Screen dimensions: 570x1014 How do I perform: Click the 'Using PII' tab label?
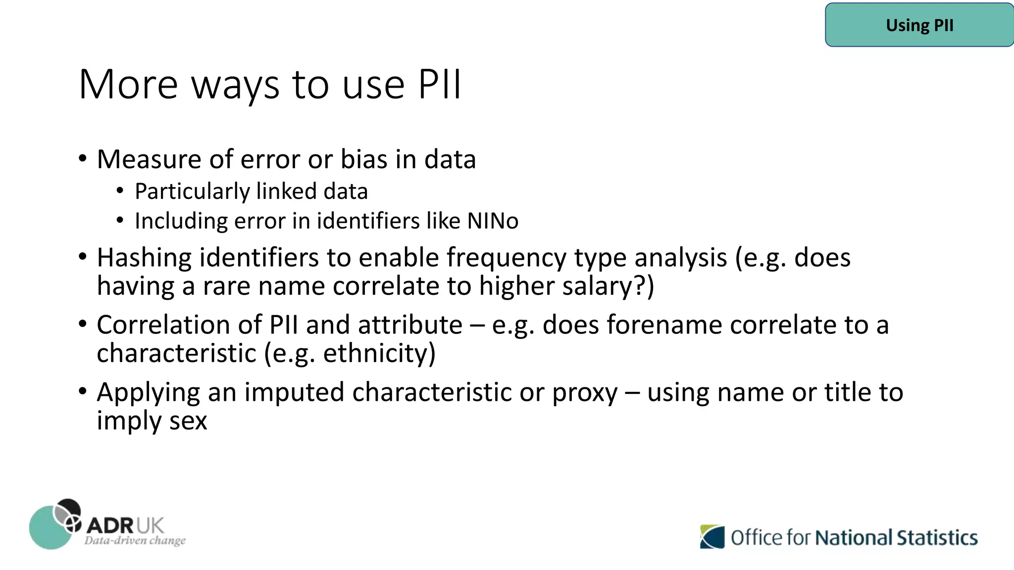coord(919,25)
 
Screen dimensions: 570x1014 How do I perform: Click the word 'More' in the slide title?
coord(128,85)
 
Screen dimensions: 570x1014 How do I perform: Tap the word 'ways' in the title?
coord(235,86)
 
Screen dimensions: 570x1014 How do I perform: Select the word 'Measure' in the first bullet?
coord(149,159)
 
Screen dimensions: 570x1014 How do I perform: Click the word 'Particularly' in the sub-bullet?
coord(192,192)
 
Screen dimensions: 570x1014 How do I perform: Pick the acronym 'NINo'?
coord(493,221)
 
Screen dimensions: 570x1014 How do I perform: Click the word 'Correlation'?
coord(179,325)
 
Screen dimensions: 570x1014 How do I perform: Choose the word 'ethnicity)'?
coord(379,353)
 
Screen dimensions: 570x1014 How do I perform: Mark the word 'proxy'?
coord(585,393)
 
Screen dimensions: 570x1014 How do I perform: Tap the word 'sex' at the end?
coord(188,421)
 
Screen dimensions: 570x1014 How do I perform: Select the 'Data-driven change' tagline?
coord(135,540)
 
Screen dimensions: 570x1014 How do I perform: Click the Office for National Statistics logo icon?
coord(712,537)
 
